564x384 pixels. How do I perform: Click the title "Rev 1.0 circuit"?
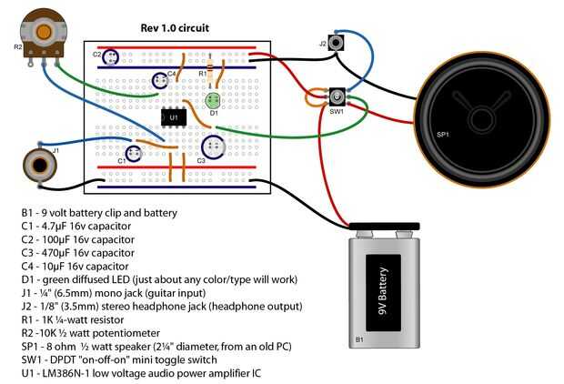click(x=175, y=28)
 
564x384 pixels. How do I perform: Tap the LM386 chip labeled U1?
click(x=174, y=117)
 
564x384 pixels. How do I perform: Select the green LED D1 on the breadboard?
click(x=213, y=101)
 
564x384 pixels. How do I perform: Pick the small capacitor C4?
click(x=160, y=80)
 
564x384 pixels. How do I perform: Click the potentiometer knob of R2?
click(x=43, y=32)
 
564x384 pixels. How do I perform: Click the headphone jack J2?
click(x=338, y=42)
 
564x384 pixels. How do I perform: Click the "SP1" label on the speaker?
click(x=442, y=135)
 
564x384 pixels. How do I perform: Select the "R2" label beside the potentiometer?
click(x=18, y=45)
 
